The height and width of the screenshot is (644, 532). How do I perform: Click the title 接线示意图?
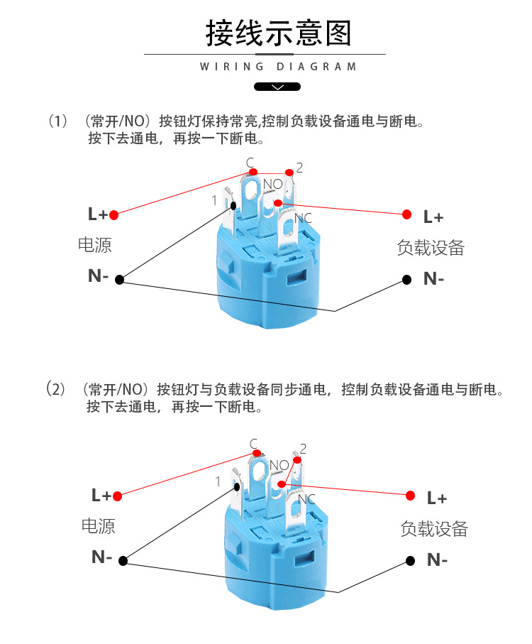[278, 33]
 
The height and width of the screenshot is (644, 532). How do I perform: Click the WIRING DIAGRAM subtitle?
[278, 67]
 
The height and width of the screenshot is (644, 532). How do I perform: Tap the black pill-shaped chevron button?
[277, 87]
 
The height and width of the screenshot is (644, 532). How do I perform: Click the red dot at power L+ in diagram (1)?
[113, 214]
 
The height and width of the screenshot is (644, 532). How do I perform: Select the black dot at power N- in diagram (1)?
[119, 279]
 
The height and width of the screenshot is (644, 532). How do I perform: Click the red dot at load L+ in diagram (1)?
[407, 214]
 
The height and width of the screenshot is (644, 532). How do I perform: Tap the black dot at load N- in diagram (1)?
[406, 279]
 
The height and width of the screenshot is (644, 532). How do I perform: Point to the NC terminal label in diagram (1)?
[303, 218]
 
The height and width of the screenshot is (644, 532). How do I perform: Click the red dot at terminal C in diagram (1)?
[253, 172]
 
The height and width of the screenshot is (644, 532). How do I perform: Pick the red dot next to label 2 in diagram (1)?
[289, 172]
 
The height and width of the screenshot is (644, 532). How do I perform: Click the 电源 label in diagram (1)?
[95, 246]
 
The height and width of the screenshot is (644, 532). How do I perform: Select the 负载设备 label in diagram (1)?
[431, 247]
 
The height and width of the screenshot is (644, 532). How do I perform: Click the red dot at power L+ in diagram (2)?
[117, 496]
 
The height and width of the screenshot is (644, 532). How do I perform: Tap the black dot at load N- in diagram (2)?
[410, 560]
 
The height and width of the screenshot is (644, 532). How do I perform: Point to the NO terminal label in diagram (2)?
[279, 465]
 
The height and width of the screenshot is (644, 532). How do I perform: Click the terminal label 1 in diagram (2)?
[218, 481]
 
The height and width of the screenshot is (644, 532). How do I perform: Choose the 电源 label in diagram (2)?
[99, 526]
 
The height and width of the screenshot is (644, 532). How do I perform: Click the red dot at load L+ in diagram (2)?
[410, 495]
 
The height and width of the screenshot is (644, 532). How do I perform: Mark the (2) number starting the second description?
[56, 389]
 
